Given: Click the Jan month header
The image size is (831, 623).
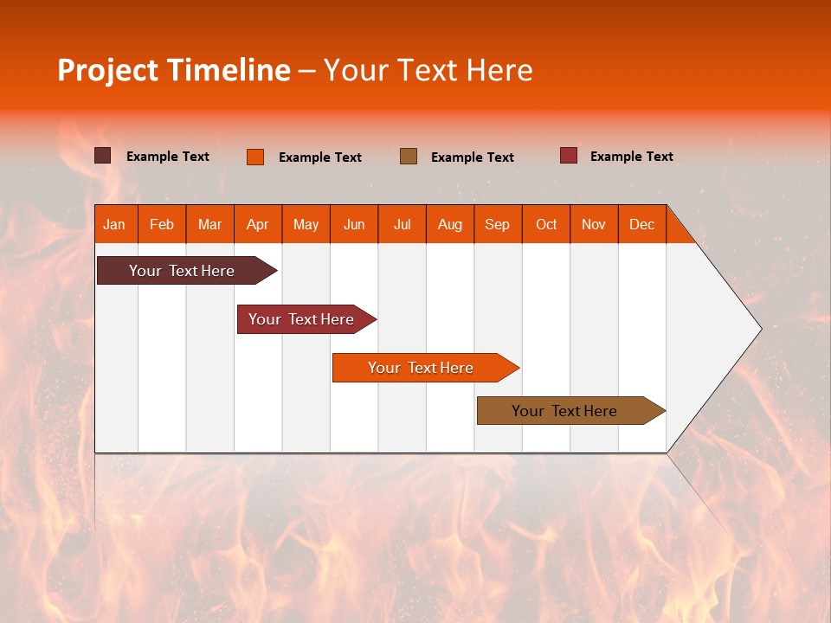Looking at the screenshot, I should tap(114, 225).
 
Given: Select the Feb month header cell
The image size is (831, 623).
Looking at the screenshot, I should tap(162, 225).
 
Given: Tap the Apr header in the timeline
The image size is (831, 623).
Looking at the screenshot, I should tap(258, 225).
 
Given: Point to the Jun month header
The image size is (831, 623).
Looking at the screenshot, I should tap(354, 225).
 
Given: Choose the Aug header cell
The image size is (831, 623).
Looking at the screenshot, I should tap(450, 225).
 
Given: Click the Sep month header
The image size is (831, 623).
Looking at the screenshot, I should tap(498, 225).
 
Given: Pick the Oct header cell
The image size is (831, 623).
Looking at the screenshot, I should tap(546, 225).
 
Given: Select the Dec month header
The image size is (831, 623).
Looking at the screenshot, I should tap(642, 225).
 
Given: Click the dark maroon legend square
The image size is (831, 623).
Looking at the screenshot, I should tap(103, 156).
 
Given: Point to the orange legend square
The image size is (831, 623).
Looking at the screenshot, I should tap(255, 157).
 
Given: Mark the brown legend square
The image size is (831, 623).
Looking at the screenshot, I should tap(409, 156).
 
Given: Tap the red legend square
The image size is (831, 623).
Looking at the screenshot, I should tap(569, 156).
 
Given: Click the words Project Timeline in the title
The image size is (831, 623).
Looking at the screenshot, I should tap(174, 70).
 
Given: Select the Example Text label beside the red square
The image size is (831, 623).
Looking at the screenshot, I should tap(631, 157).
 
